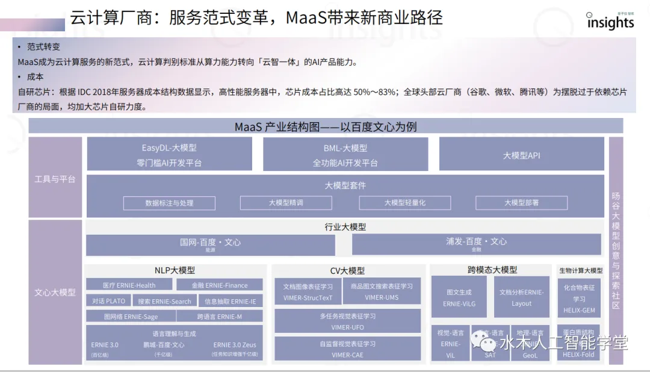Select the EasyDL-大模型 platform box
tap(169, 154)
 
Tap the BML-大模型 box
tap(345, 154)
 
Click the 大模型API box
tap(521, 154)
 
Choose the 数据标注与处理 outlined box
tap(169, 203)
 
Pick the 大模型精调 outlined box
tap(286, 203)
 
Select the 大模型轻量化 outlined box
tap(404, 203)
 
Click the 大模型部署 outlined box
tap(521, 203)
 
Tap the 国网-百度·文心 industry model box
tap(210, 244)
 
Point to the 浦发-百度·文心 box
tap(476, 244)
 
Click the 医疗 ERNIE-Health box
tap(128, 285)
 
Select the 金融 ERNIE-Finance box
tap(219, 285)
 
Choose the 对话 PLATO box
tap(109, 301)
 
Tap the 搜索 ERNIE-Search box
tap(164, 301)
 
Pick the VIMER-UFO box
tap(347, 321)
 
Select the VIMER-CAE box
tap(347, 349)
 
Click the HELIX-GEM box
tap(578, 298)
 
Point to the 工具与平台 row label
tap(55, 179)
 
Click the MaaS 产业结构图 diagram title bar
tap(326, 126)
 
